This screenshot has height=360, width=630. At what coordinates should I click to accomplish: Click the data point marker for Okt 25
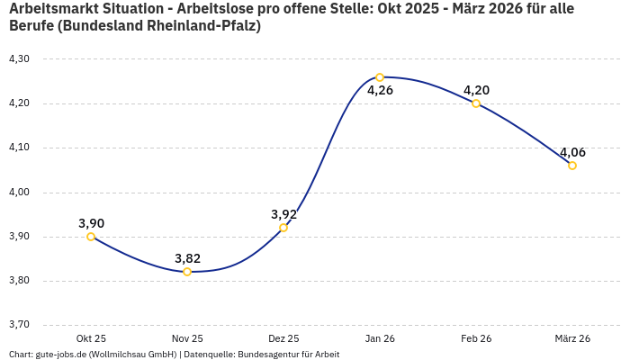(91, 237)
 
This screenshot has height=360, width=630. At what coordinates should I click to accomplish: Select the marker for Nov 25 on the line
(187, 272)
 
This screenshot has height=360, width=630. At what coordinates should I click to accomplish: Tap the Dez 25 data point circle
(283, 228)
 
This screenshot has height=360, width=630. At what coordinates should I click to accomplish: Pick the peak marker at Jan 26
(380, 77)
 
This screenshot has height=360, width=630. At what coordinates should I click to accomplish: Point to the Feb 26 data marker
(476, 103)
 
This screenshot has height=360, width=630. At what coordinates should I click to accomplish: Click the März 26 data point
(572, 166)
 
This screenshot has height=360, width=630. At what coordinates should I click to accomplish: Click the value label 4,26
(380, 90)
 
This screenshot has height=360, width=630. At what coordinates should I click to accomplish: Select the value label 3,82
(187, 258)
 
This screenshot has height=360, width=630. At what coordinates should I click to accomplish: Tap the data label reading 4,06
(572, 152)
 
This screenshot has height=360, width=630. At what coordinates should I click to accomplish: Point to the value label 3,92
(283, 214)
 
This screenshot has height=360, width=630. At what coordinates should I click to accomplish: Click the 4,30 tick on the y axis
(19, 59)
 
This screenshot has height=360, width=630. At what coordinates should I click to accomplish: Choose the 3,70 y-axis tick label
(19, 325)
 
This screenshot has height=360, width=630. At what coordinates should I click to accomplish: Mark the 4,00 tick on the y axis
(19, 193)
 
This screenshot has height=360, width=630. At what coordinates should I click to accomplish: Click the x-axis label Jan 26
(380, 338)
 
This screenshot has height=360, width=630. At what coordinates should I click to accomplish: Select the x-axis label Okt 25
(91, 338)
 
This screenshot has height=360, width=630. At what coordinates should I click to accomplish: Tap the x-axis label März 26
(572, 338)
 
